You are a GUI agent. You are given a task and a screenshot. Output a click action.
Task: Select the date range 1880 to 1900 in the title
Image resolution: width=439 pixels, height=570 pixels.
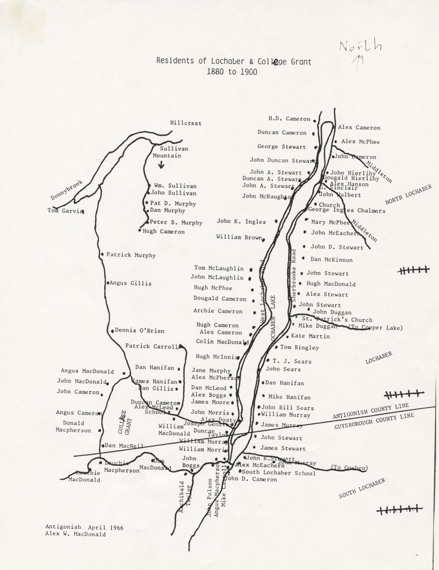pyautogui.click(x=233, y=72)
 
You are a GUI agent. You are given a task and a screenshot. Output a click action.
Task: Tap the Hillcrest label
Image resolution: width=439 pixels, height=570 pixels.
pyautogui.click(x=185, y=123)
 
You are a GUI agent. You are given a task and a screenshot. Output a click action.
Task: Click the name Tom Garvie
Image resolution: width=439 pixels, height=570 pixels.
pyautogui.click(x=64, y=210)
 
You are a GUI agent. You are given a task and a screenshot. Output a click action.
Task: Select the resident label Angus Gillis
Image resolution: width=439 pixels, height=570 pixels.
pyautogui.click(x=130, y=283)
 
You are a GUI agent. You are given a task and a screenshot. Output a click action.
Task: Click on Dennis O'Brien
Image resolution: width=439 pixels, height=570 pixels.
pyautogui.click(x=140, y=331)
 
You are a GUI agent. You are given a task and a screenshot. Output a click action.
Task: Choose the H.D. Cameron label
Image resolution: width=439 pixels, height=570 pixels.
pyautogui.click(x=289, y=118)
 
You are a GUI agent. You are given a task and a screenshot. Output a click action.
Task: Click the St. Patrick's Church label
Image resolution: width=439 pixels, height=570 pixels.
pyautogui.click(x=337, y=320)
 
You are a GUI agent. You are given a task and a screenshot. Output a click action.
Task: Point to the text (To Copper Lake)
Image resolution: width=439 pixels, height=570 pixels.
pyautogui.click(x=375, y=328)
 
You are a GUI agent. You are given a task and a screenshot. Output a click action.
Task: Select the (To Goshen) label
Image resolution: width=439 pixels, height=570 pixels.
pyautogui.click(x=349, y=467)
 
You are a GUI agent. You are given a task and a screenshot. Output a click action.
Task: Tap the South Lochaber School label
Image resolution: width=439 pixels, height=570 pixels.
pyautogui.click(x=278, y=472)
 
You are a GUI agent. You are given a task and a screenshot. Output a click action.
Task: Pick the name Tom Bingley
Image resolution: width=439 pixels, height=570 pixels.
pyautogui.click(x=299, y=347)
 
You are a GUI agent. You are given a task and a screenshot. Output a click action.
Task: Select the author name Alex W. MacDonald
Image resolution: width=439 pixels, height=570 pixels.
pyautogui.click(x=76, y=534)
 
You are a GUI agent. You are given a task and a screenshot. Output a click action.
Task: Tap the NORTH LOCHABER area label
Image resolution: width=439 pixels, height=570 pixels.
pyautogui.click(x=408, y=194)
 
